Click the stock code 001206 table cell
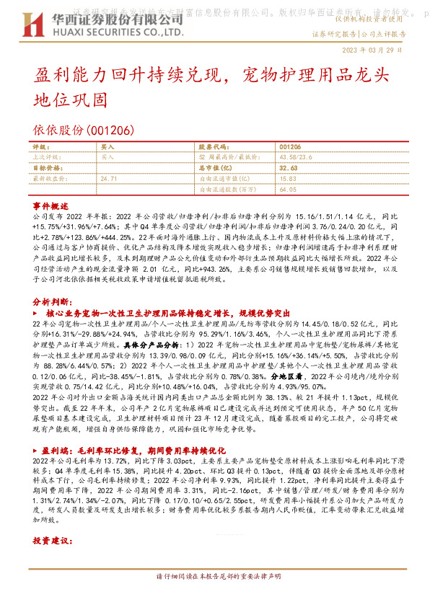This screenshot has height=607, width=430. pos(289,146)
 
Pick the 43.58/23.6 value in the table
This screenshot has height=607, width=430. pos(295,156)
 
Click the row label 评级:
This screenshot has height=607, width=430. pos(41,146)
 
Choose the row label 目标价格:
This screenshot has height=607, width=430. pos(46,167)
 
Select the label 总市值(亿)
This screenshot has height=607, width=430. pos(214,167)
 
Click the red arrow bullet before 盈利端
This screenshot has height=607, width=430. pos(37,448)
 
